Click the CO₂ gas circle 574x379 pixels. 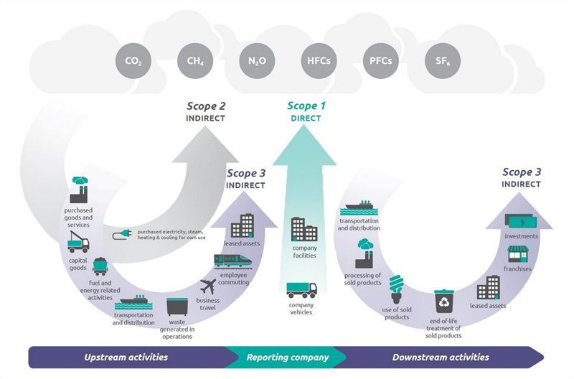[x=133, y=61]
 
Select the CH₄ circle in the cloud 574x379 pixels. [x=195, y=61]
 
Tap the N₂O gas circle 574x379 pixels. [x=256, y=61]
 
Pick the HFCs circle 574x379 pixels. [x=318, y=61]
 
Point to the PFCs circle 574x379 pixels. [x=380, y=61]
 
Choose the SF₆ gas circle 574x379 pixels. [x=441, y=61]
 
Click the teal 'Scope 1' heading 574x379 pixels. [x=306, y=106]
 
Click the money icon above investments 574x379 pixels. [x=522, y=220]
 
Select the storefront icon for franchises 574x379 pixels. [x=519, y=253]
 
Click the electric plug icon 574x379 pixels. [x=121, y=235]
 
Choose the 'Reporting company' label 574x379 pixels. [x=287, y=357]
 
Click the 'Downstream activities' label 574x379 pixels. [x=441, y=357]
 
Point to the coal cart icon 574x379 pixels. [x=101, y=267]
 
